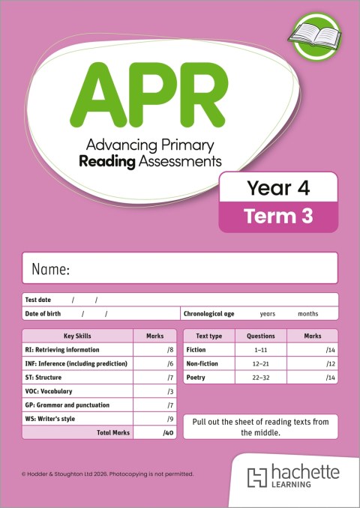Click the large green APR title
coord(141,93)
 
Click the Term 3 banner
coord(277,217)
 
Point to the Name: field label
coord(50,269)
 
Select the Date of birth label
coord(43,313)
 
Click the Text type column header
coord(208,336)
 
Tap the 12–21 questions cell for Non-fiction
coord(261,363)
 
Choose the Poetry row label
coord(196,378)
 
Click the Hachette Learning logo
coord(295,477)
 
